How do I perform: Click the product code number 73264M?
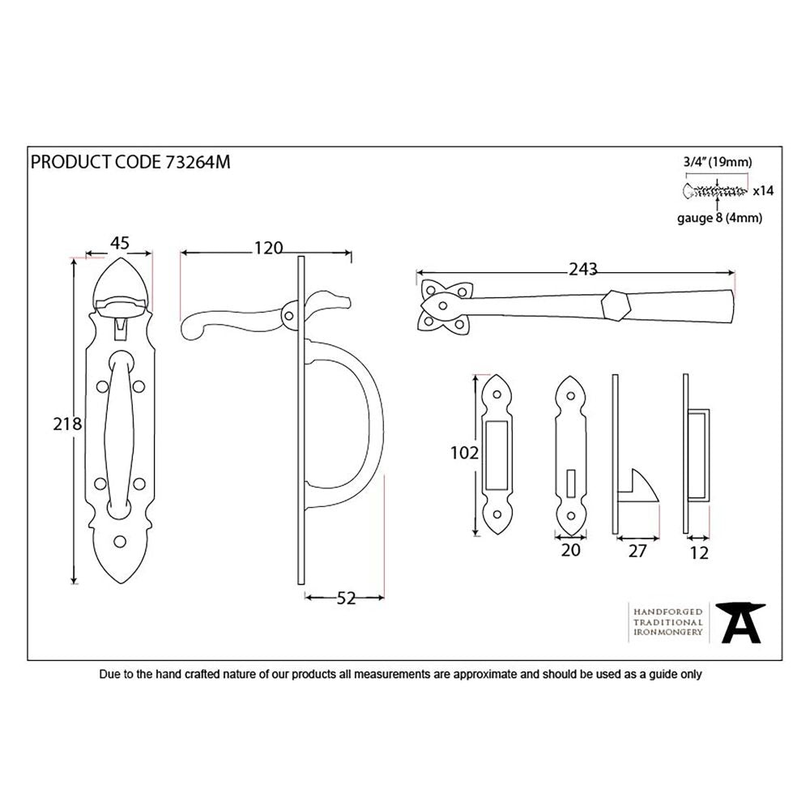coord(198,162)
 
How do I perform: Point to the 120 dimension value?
coord(266,248)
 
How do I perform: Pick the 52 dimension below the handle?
coord(346,598)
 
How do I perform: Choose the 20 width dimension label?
coord(571,551)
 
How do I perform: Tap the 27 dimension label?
coord(637,552)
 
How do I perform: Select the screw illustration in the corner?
coord(715,191)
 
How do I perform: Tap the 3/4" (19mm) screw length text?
coord(716,162)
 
